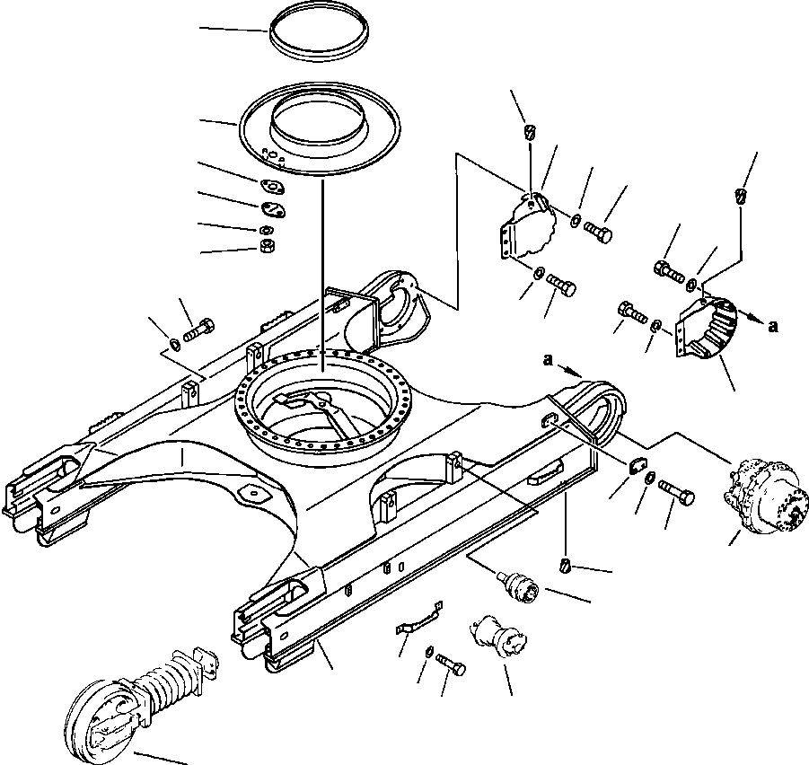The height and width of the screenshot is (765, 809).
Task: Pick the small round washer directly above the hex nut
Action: click(267, 230)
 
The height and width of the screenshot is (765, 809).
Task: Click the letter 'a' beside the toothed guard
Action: click(772, 326)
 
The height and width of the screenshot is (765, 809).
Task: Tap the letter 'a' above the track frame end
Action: click(548, 359)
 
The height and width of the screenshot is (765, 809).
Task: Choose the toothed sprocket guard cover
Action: click(707, 326)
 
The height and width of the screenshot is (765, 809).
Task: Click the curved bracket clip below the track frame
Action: click(419, 618)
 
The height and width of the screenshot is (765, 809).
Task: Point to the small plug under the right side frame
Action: click(565, 565)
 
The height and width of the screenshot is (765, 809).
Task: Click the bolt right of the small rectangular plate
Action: click(676, 492)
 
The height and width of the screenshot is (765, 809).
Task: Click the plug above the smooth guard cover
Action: click(530, 132)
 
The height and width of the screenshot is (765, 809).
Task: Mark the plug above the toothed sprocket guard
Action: click(741, 197)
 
